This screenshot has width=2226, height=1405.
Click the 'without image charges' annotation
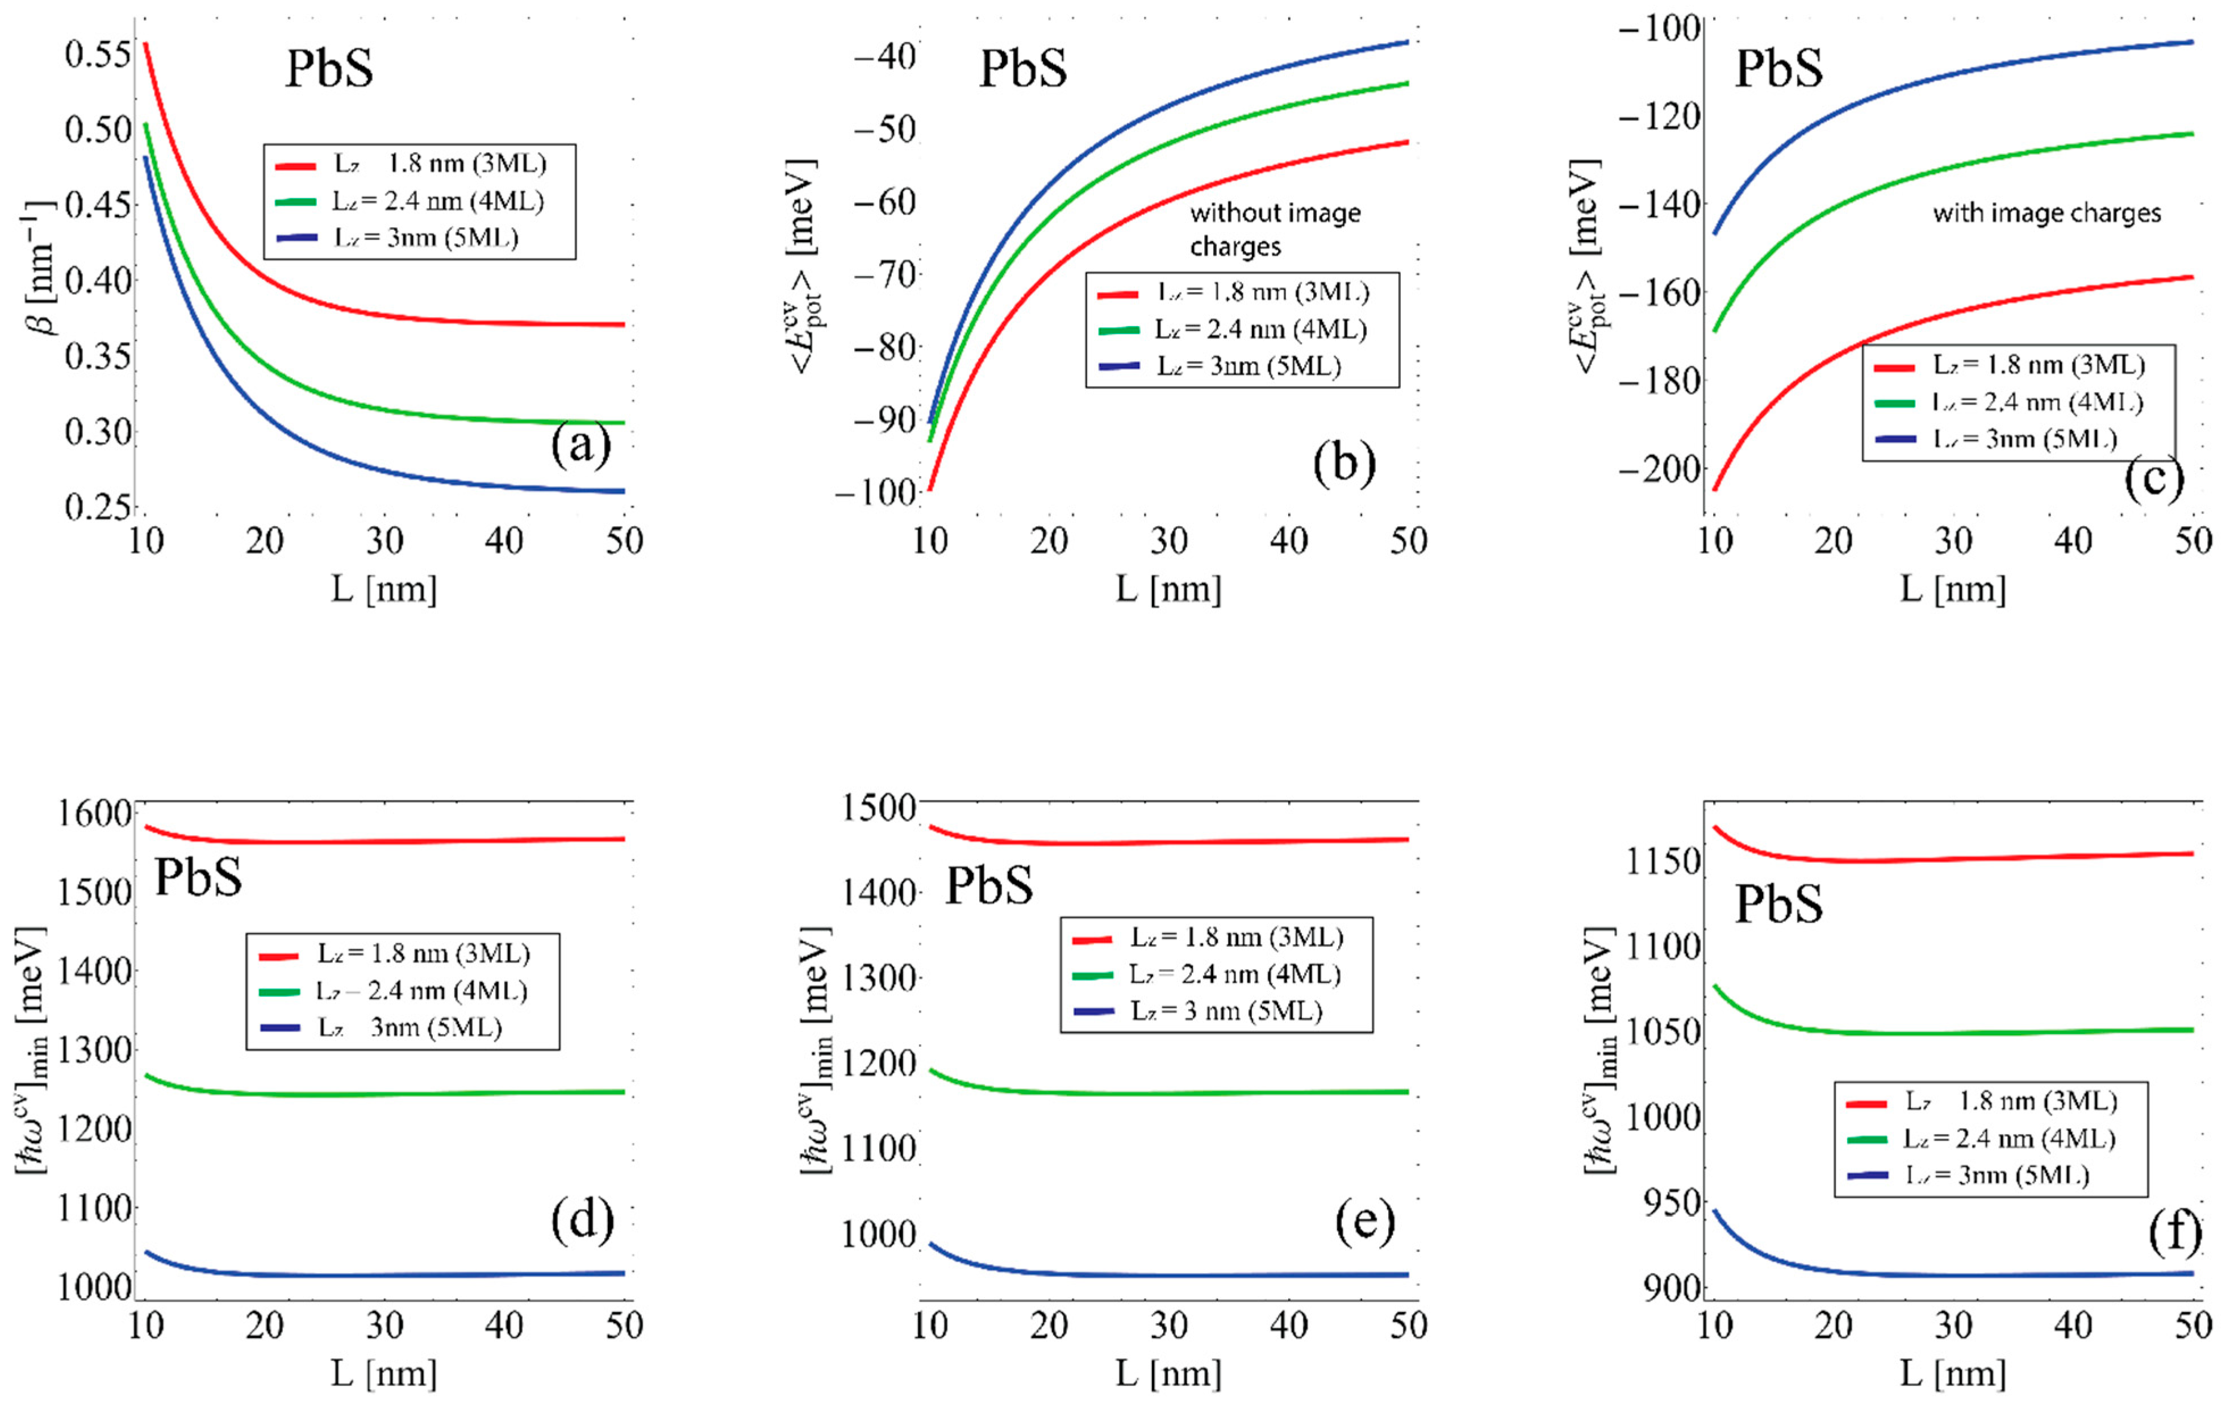click(x=1274, y=229)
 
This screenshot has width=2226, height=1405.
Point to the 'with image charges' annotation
click(x=2046, y=214)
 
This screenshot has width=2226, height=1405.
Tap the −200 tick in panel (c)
click(x=1659, y=469)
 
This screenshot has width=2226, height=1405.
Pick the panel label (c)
click(x=2153, y=479)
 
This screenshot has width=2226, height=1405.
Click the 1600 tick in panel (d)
click(x=94, y=814)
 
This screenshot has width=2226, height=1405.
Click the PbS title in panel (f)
click(x=1778, y=903)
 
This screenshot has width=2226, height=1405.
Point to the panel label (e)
click(x=1364, y=1222)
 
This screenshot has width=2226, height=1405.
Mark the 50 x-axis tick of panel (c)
click(x=2192, y=541)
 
